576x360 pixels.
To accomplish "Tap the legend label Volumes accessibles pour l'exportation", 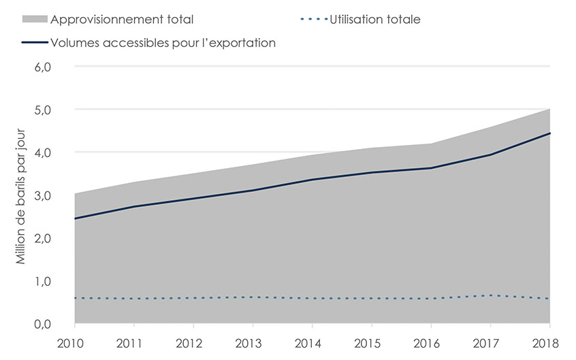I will (163, 42).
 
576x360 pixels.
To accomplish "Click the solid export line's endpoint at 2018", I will (549, 133).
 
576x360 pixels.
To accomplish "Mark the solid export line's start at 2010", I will (76, 218).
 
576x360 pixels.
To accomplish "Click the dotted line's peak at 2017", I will (490, 295).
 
